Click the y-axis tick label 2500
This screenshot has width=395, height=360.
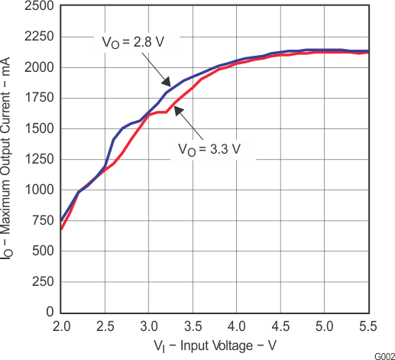coord(39,6)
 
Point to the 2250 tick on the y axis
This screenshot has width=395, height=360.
coord(39,37)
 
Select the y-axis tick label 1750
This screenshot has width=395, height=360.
coord(39,98)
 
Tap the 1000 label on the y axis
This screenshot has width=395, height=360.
coord(39,190)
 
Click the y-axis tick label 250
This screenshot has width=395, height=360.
coord(43,282)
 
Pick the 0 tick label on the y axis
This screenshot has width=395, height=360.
coord(50,313)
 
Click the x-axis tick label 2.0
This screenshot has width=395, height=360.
coord(61,325)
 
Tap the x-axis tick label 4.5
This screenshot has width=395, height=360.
coord(280,325)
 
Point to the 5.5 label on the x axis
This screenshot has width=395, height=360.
coord(368,325)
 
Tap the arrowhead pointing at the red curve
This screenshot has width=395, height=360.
coord(175,110)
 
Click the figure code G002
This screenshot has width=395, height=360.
coord(384,355)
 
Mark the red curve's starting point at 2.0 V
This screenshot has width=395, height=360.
coord(61,229)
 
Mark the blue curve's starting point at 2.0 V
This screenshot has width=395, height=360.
coord(61,220)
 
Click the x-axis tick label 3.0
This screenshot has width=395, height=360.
coord(149,325)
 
